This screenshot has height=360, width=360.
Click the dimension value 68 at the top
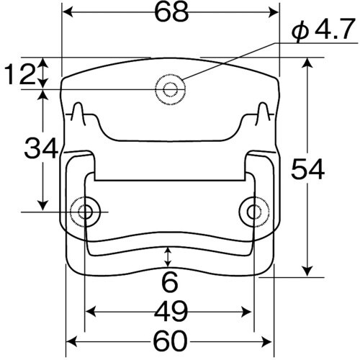[x=171, y=12]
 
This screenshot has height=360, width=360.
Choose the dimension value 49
[x=170, y=312]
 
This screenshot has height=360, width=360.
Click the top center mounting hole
[x=171, y=89]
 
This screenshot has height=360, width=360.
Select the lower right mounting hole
[x=253, y=212]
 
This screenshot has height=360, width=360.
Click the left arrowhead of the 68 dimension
[x=68, y=12]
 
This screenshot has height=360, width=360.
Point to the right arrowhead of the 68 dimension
[x=274, y=12]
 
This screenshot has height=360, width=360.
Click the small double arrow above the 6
[x=168, y=256]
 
